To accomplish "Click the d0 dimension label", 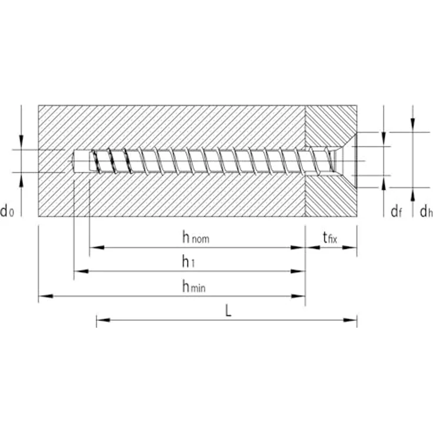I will tap(8, 211).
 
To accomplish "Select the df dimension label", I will tap(396, 211).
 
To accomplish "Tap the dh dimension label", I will tap(425, 211).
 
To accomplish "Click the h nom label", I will tap(196, 238).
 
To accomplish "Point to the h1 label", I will tap(188, 261).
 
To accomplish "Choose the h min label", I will tap(194, 287).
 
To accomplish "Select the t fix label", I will tap(331, 238).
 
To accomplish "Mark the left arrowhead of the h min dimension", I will tap(44, 296).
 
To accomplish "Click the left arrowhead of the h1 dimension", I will tap(79, 271).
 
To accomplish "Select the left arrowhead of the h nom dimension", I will tap(95, 248).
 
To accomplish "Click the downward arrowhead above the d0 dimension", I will tap(21, 142).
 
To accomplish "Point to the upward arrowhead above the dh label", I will tap(413, 192).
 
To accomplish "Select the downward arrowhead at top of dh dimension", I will tap(413, 126).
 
